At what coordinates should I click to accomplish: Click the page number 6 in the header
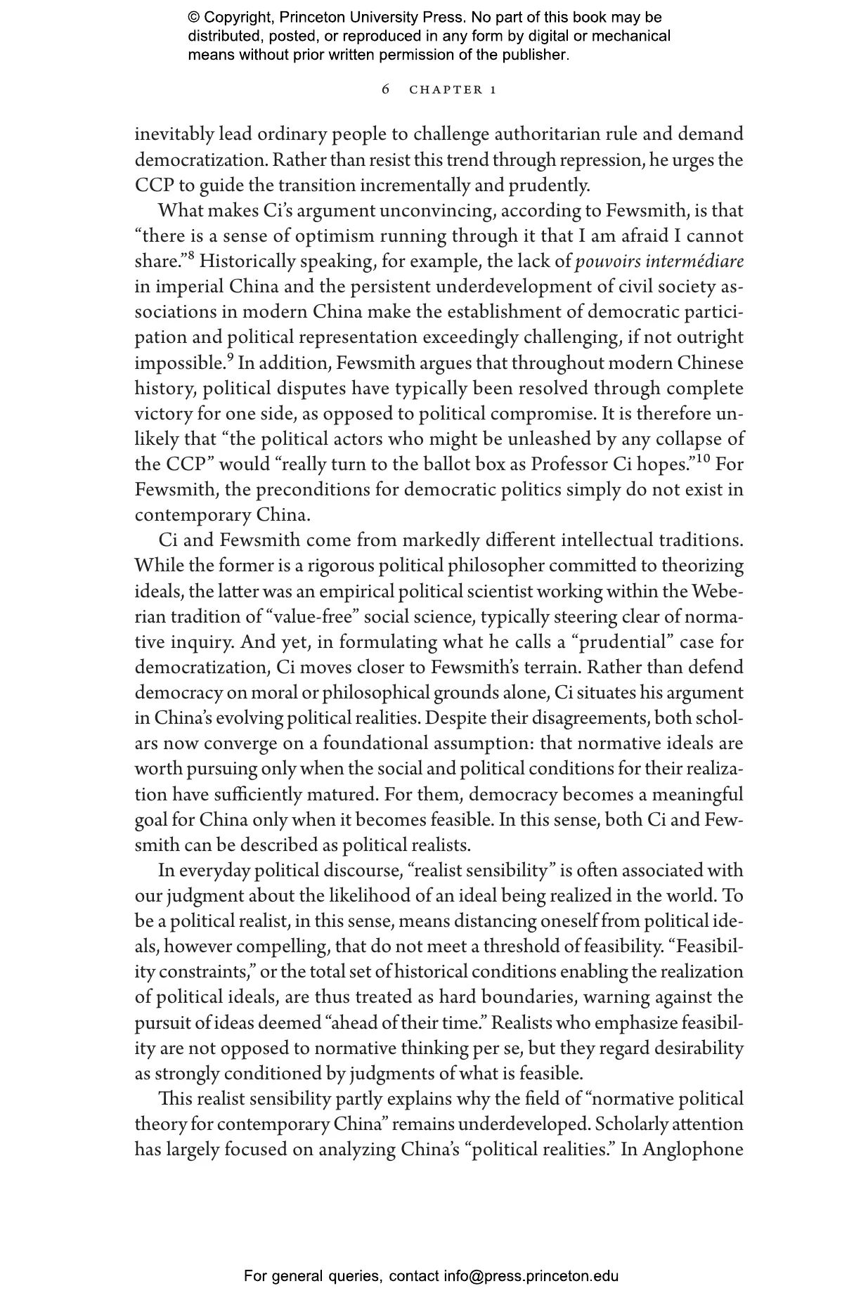[385, 89]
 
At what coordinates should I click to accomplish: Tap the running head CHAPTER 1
[453, 90]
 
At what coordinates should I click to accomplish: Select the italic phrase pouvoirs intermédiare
[659, 261]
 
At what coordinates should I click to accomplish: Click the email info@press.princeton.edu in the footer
[531, 1275]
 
